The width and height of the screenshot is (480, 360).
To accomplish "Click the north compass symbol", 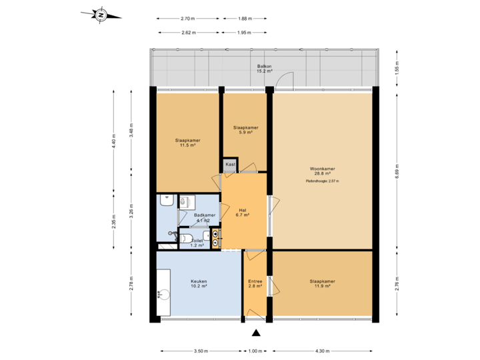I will coord(100,15).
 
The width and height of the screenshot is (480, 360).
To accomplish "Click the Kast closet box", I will coord(230,164).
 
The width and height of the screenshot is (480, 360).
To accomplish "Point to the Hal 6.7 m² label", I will coord(243,212).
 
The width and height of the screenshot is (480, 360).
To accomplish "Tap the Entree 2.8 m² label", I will coord(255,283).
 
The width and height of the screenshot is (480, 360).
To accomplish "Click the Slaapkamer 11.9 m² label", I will coord(322,283).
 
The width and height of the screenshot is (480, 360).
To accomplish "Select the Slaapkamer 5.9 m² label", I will coord(245,129).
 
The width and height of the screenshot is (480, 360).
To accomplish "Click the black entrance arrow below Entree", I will coord(255,333).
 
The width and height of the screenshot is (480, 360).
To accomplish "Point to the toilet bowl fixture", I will coord(187,238).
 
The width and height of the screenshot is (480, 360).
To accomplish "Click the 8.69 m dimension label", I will coord(397,171).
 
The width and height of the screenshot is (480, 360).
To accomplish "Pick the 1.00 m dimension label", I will coord(255,351).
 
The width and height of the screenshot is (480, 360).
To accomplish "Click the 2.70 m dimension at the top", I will coord(187,19).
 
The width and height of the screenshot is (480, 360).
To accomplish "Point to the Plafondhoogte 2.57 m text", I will coord(322,181).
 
